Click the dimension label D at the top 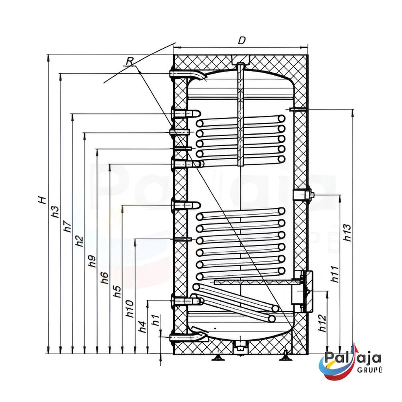(x=242, y=41)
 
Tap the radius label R (x=130, y=61)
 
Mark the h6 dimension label (x=105, y=278)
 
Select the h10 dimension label (x=130, y=309)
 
